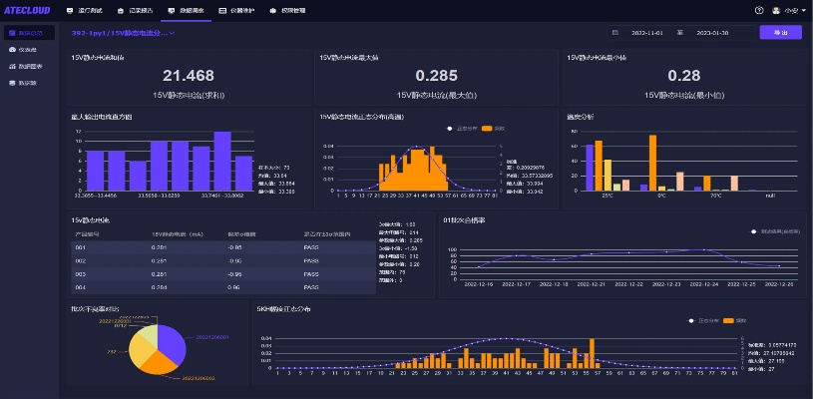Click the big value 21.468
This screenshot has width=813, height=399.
coord(189,76)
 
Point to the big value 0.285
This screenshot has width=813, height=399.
coord(437,76)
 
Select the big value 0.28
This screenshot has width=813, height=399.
coord(683,76)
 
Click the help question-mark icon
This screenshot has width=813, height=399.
coord(759,10)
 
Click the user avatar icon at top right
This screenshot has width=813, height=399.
coord(776,10)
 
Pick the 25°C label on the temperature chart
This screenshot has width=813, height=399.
coord(608,196)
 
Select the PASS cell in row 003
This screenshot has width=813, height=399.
coord(310,273)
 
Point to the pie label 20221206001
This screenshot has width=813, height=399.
coord(212,337)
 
